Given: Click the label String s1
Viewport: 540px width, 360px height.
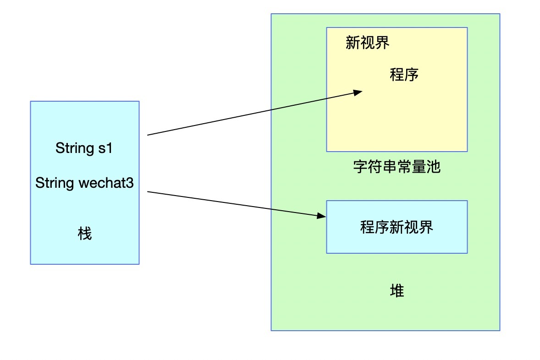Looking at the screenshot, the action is pos(84,148).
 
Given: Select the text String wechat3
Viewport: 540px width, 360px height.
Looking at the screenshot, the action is pos(84,183).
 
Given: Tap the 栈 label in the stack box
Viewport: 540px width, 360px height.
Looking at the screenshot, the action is pos(85,234).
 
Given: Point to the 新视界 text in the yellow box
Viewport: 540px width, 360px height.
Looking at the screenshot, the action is pos(368,43).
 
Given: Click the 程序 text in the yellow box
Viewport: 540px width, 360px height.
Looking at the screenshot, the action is pos(404,75).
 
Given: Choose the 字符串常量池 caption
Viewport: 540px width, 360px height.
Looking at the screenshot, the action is pos(397,167).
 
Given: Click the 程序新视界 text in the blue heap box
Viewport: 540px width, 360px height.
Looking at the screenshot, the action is pos(397,227).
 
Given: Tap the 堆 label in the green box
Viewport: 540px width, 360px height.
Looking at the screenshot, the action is pos(397,291).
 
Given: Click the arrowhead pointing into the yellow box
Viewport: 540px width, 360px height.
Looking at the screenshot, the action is pos(358,93).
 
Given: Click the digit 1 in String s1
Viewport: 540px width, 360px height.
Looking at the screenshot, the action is pos(109,148).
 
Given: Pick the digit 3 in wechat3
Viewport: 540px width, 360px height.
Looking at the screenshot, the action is pos(130,183).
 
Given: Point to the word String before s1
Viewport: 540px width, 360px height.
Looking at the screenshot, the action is pos(75,148).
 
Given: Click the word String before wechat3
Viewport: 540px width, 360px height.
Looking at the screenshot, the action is pos(55,183).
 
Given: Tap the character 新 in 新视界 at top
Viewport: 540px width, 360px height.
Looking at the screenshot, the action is pos(353,43).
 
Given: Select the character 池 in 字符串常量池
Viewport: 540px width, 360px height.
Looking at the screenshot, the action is pos(433,167).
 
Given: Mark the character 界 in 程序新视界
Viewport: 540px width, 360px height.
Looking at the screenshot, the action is pos(426,227).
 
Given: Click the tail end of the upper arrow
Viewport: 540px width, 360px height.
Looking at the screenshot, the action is pos(148,135).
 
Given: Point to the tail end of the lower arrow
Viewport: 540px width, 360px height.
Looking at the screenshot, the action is pos(148,192).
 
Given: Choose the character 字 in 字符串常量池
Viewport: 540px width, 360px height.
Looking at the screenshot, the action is pos(361,167).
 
